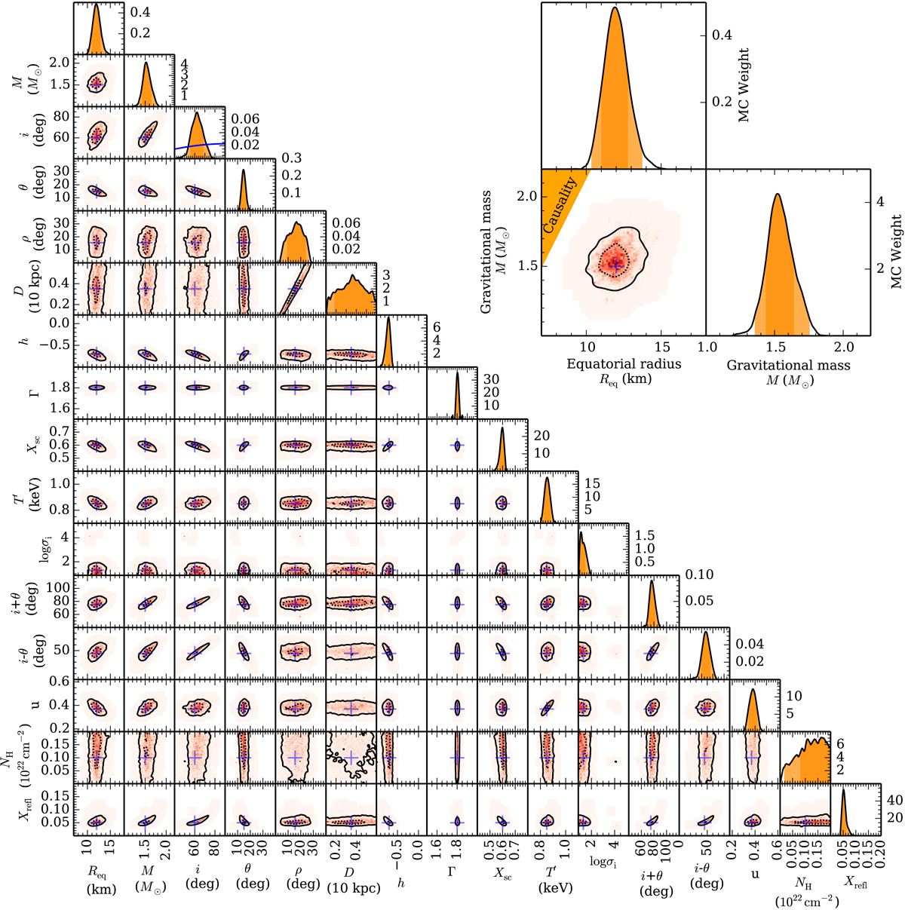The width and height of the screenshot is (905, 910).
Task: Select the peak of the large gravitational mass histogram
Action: point(776,196)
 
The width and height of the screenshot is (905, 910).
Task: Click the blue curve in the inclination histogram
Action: point(204,146)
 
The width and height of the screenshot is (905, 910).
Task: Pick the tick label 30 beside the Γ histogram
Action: point(491,378)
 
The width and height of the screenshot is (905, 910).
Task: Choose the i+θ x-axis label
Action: point(653,878)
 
